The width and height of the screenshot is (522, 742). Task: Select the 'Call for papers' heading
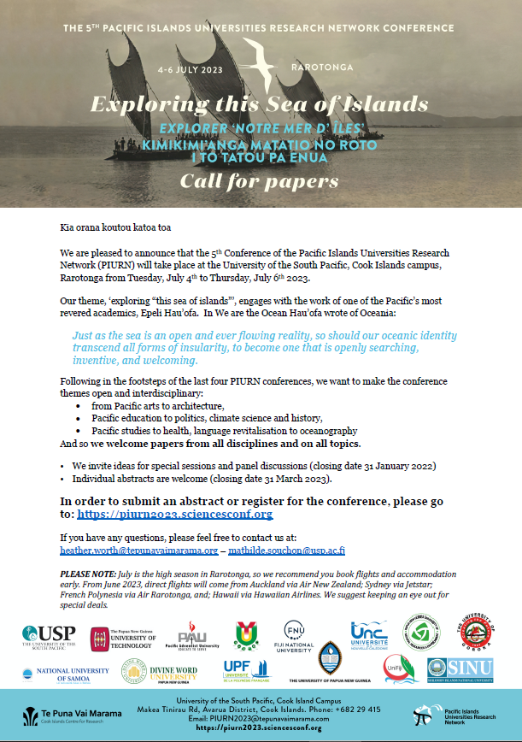click(x=260, y=180)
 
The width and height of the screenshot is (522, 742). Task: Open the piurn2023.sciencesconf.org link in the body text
click(x=174, y=514)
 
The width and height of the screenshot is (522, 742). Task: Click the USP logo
click(x=50, y=637)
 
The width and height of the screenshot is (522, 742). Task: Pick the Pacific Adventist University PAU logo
click(x=193, y=636)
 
